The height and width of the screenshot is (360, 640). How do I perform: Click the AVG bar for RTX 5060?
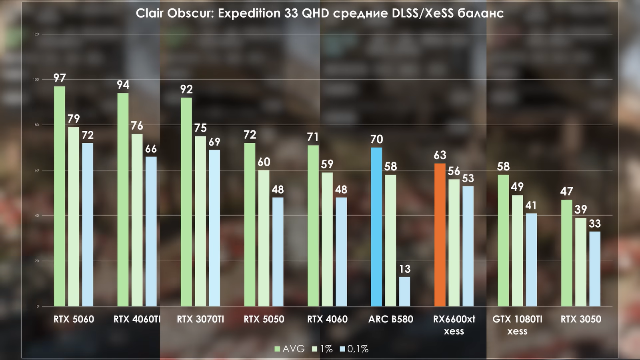click(60, 196)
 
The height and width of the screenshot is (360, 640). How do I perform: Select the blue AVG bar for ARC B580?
click(376, 227)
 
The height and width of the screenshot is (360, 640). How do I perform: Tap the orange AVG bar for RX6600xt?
click(440, 235)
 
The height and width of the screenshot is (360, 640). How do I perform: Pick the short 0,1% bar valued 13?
click(404, 292)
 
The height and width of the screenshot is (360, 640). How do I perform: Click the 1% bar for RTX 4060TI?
click(137, 220)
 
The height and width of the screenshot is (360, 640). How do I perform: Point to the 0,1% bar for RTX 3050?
click(594, 269)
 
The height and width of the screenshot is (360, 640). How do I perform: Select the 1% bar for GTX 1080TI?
click(517, 251)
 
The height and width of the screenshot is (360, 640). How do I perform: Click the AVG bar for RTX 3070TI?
click(186, 202)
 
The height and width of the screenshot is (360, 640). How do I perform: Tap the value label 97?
click(60, 78)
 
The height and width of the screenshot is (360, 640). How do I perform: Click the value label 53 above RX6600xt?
click(468, 178)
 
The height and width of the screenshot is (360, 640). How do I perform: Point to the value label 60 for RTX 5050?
click(264, 162)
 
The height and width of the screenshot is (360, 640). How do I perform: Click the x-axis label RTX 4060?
click(327, 319)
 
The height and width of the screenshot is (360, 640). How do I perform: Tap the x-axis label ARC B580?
click(391, 319)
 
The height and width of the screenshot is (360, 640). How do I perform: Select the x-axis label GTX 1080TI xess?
click(517, 325)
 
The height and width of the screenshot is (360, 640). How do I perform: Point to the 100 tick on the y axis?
click(36, 80)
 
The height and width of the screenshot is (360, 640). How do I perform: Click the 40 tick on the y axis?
click(37, 216)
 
